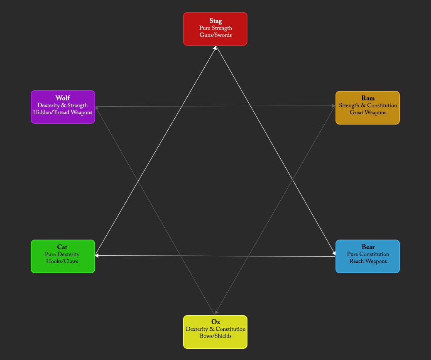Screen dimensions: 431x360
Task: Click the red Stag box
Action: tap(215, 29)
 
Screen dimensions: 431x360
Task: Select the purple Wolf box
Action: tap(63, 107)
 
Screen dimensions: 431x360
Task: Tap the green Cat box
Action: tap(63, 256)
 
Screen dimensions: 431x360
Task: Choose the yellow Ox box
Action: tap(215, 332)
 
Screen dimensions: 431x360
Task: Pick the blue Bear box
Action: tap(367, 256)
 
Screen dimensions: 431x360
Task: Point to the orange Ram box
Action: tap(367, 108)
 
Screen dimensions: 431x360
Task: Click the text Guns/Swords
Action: tap(215, 35)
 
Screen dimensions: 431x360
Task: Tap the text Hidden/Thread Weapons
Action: tap(63, 113)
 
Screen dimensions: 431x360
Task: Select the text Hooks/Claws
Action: tap(62, 261)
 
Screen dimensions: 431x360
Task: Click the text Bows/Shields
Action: tap(215, 336)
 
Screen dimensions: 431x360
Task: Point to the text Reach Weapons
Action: tap(368, 261)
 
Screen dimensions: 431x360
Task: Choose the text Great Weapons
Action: tap(368, 113)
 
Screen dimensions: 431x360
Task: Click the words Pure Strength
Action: tap(215, 28)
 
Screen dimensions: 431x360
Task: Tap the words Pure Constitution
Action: tap(368, 254)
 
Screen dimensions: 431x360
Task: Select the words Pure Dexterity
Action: tap(62, 255)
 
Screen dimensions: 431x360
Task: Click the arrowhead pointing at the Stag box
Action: tap(215, 48)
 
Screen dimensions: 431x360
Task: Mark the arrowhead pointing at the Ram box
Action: tap(334, 106)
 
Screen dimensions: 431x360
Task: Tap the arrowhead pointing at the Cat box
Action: tap(97, 256)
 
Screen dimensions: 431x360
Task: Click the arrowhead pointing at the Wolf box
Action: tap(97, 108)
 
